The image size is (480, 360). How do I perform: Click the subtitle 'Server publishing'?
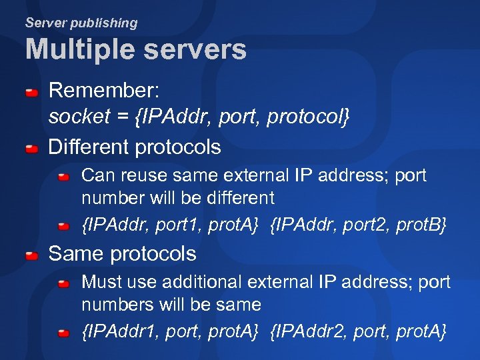81,23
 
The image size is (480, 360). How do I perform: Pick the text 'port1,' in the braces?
179,226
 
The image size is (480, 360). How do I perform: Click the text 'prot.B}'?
421,226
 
